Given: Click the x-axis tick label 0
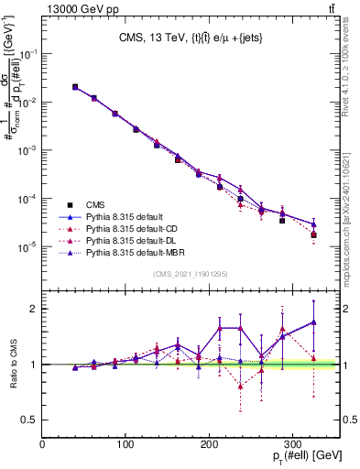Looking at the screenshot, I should coord(43,444).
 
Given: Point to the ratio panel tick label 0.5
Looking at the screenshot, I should coord(30,420).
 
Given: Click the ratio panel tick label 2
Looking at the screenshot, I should coord(35,309).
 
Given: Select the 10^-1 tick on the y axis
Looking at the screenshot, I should coord(27,54).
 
